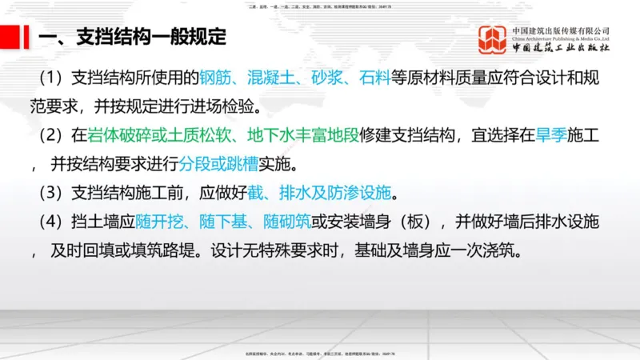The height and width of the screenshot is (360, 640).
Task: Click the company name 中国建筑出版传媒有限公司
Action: click(562, 30)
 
